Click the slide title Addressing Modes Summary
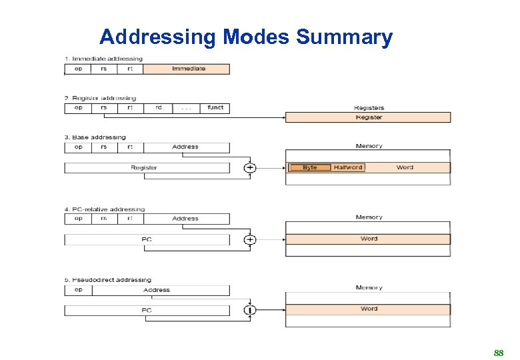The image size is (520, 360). [x=246, y=37]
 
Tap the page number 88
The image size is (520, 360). [x=498, y=353]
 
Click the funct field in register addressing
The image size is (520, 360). [x=215, y=108]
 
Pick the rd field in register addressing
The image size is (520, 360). [x=158, y=108]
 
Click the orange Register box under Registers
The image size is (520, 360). [x=368, y=117]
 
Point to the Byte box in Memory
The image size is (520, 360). [x=309, y=167]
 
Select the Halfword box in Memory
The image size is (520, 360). [x=347, y=167]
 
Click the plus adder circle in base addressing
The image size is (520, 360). [x=249, y=168]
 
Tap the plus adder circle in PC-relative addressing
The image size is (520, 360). [x=249, y=239]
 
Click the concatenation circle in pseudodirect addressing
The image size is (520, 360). [x=249, y=310]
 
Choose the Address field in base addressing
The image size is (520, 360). [x=186, y=147]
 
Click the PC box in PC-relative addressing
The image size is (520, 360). [x=146, y=239]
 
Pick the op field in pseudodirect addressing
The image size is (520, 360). [x=79, y=290]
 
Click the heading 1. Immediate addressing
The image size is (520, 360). [x=103, y=59]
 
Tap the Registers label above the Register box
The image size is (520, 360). [x=369, y=108]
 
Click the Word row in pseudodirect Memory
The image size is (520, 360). [x=368, y=309]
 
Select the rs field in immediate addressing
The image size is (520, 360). [x=103, y=69]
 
